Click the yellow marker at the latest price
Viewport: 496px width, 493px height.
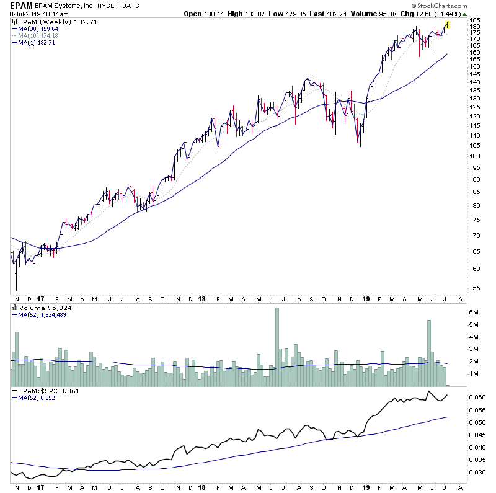[x=447, y=24]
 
